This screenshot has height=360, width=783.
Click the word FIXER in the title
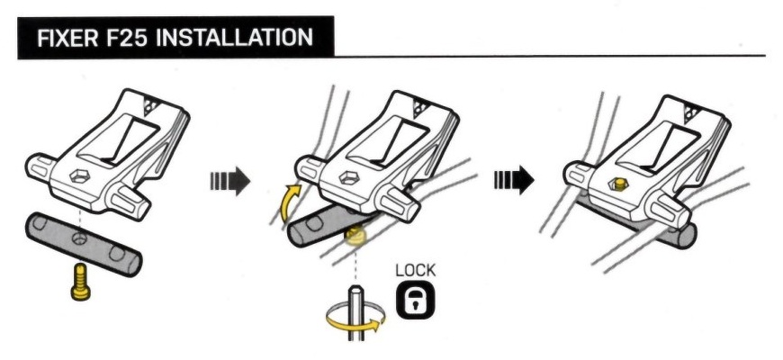(67, 38)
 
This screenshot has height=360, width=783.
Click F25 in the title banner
(126, 38)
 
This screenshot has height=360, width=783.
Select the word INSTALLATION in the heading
(234, 38)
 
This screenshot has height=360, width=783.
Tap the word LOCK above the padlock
(415, 271)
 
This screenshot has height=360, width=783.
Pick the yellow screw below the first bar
(80, 282)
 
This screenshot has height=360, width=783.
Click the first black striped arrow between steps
(229, 181)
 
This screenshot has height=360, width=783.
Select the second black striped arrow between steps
(514, 180)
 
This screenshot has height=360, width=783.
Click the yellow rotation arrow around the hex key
(355, 322)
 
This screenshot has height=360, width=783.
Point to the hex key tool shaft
(356, 312)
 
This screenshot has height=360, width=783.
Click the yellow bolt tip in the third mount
(619, 184)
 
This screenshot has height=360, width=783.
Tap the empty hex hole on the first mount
(80, 175)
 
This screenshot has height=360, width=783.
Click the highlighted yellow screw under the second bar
(355, 235)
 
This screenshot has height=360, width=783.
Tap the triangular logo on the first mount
(151, 106)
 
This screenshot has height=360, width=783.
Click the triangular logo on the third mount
(692, 112)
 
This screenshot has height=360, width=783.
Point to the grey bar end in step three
(687, 235)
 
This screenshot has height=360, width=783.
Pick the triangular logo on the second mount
(420, 108)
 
